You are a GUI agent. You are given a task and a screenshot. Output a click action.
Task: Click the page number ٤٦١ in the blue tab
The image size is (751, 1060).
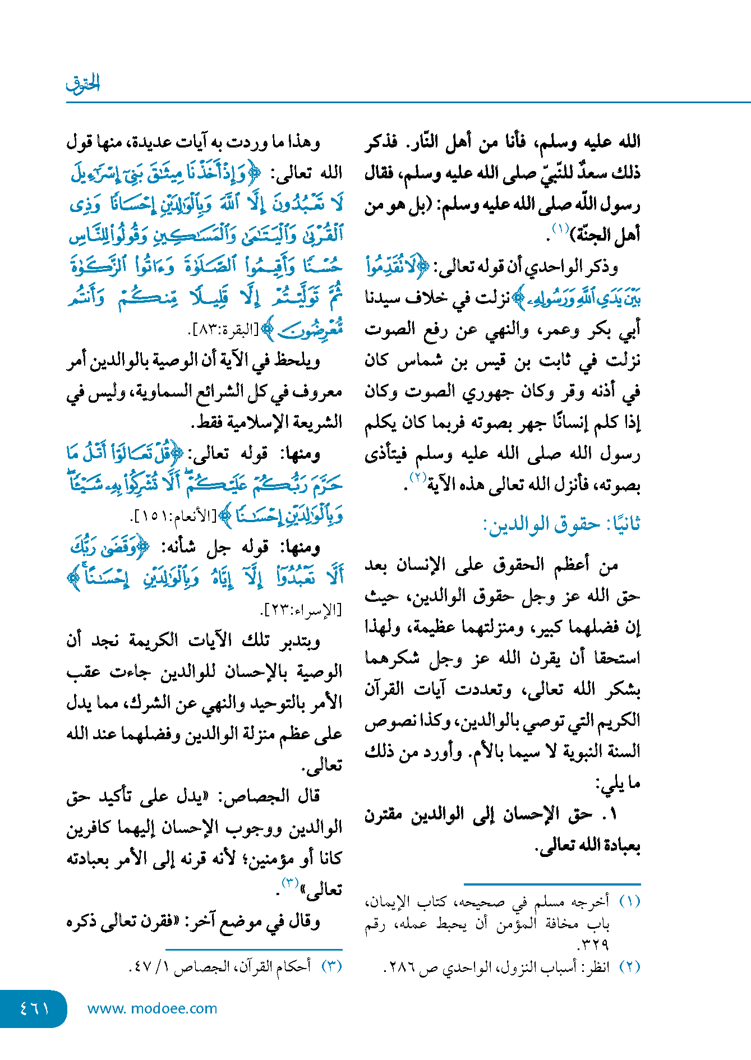point(34,1008)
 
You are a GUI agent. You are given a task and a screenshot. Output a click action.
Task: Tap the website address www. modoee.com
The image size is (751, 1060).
point(152,1008)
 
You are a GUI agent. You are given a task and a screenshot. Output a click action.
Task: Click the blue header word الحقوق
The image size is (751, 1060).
point(83,84)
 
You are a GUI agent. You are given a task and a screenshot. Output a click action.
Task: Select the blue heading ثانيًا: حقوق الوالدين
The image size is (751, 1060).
point(561,524)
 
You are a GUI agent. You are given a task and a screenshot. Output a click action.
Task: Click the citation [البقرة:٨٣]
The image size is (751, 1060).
point(223,330)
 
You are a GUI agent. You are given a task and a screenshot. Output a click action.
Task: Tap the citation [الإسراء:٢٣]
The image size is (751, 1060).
point(302,610)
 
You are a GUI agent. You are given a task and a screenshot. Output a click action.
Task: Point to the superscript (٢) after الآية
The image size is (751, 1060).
point(418,478)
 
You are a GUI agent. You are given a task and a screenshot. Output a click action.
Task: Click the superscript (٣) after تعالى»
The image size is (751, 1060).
point(289,883)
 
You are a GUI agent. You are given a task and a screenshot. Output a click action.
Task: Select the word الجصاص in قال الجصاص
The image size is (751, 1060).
point(256,796)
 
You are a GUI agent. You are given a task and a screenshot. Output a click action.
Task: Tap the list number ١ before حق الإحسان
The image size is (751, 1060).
point(612,814)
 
